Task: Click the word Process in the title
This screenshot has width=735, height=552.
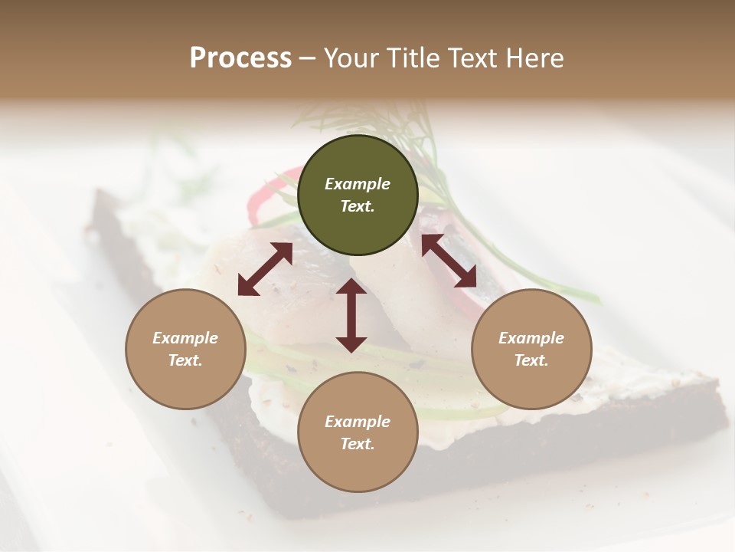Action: (240, 58)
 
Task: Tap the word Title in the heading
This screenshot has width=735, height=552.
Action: (410, 58)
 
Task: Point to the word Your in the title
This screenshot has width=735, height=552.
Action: (353, 58)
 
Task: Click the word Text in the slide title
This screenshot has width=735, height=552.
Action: (472, 58)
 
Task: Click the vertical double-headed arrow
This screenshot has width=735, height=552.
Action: (351, 316)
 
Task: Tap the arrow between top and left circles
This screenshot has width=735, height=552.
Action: (265, 269)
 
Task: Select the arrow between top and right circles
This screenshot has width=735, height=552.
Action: (449, 261)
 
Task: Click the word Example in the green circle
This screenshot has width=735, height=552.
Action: (358, 184)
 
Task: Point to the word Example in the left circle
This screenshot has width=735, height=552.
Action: (185, 338)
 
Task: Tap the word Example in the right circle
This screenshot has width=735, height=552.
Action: (531, 338)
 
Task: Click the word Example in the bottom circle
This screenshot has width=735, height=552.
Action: (358, 422)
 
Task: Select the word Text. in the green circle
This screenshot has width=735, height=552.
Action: (358, 206)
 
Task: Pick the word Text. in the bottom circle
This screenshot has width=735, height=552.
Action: (358, 444)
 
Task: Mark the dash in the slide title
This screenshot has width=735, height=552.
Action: (308, 59)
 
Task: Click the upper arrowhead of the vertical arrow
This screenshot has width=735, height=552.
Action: (351, 287)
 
